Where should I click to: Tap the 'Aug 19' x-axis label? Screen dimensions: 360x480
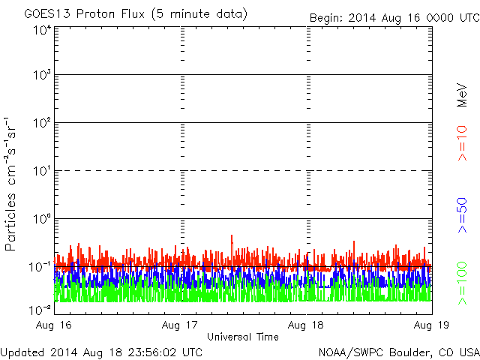click(x=431, y=325)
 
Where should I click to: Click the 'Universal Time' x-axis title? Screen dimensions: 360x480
click(x=242, y=337)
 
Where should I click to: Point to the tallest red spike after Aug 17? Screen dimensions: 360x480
click(x=232, y=237)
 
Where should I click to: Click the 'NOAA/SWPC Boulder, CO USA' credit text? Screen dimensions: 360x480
click(x=398, y=352)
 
